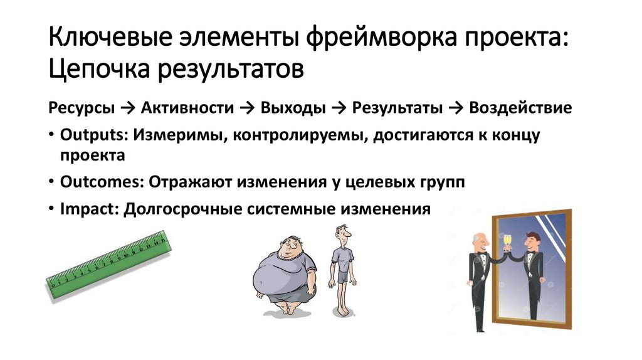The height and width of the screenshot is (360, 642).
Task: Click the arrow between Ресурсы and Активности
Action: (x=128, y=108)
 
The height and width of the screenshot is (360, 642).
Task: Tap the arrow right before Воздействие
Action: (x=456, y=108)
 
